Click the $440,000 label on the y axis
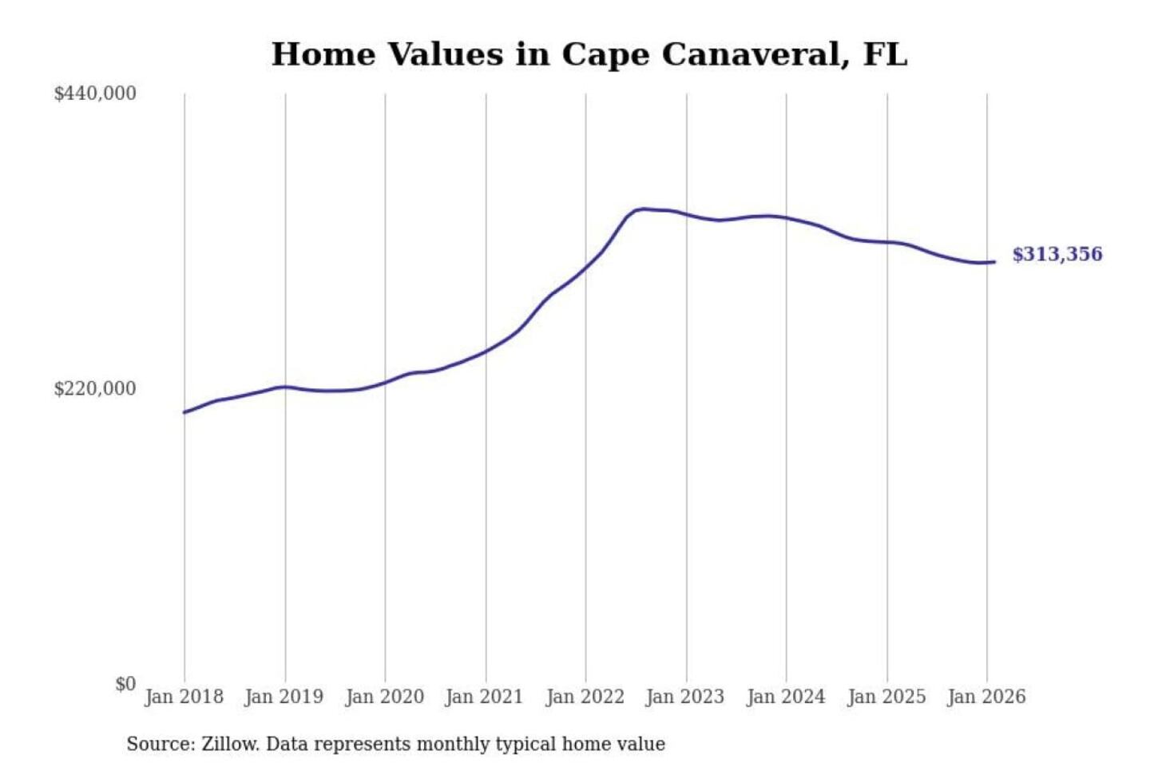[x=95, y=93]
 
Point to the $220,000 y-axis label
[x=95, y=389]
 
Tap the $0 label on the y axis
[x=125, y=684]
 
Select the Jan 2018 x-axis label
[x=184, y=697]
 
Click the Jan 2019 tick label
[x=284, y=697]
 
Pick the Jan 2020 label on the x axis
[x=384, y=697]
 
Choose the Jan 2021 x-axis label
[x=484, y=697]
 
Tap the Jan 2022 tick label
[x=585, y=697]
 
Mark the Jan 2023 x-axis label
[x=684, y=697]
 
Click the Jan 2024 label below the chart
[x=785, y=697]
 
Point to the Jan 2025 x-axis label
[x=886, y=697]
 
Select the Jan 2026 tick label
[x=985, y=697]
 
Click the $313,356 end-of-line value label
[x=1057, y=254]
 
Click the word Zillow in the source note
[x=229, y=744]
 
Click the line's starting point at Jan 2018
[x=184, y=412]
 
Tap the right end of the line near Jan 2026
[x=993, y=261]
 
